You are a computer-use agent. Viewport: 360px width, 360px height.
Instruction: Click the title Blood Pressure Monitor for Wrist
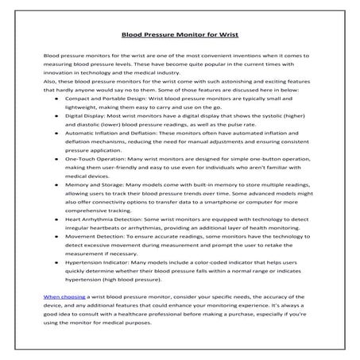coord(179,34)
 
